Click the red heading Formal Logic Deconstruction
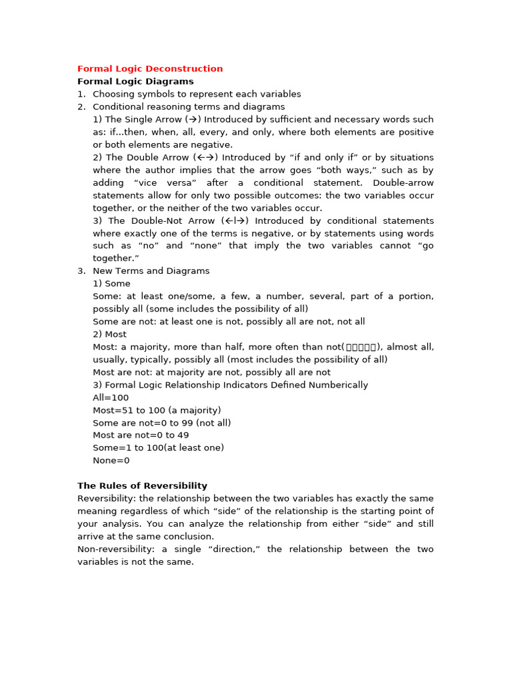[x=150, y=69]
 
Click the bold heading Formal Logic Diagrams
[x=135, y=81]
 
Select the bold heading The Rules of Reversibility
[x=142, y=486]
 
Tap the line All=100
[x=111, y=398]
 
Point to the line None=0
[x=111, y=460]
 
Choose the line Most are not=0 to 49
[x=141, y=435]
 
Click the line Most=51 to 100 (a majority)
[x=157, y=410]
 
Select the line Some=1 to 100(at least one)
[x=158, y=448]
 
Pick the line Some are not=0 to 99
[x=162, y=423]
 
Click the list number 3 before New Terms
[x=81, y=271]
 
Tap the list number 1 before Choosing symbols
[x=81, y=94]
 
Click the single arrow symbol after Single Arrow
[x=193, y=120]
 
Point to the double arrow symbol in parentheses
[x=204, y=158]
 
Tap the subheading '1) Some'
[x=111, y=284]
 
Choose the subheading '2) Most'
[x=109, y=334]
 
